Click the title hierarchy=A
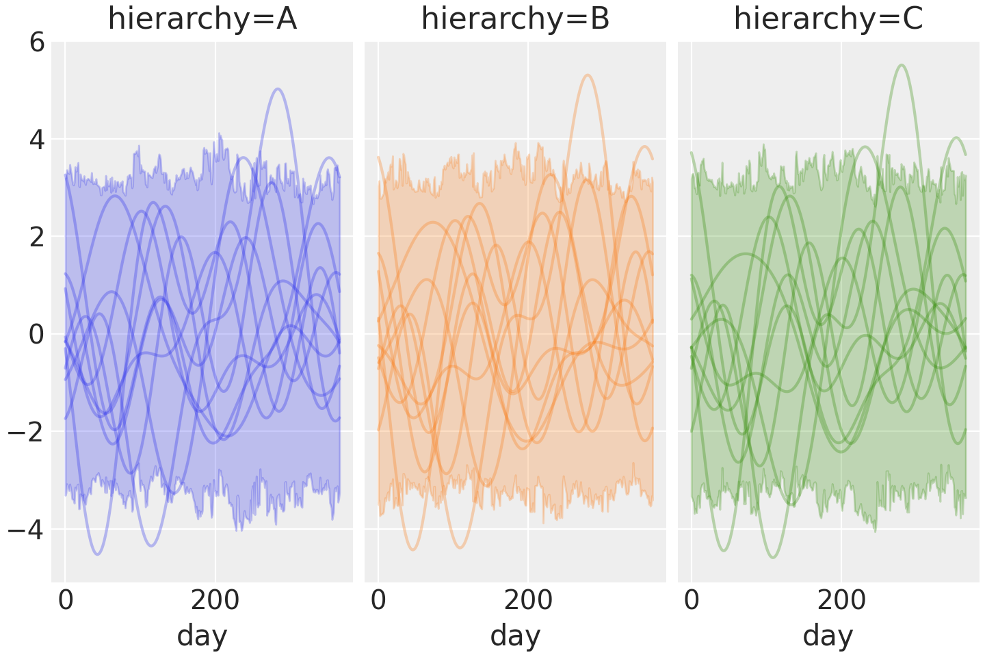point(202,19)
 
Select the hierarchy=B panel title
point(515,19)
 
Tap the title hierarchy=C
point(828,19)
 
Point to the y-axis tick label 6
point(37,42)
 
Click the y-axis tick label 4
point(37,140)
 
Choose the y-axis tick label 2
point(37,237)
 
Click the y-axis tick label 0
point(37,335)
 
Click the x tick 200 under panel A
point(215,601)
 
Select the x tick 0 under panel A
point(66,601)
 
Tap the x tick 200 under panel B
point(528,601)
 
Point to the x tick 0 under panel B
point(379,601)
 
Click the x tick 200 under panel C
point(841,601)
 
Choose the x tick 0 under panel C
point(692,601)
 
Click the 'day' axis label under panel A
point(202,636)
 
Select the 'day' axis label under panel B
point(515,636)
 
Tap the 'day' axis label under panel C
point(828,636)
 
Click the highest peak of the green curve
point(901,65)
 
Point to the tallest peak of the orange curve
point(588,75)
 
